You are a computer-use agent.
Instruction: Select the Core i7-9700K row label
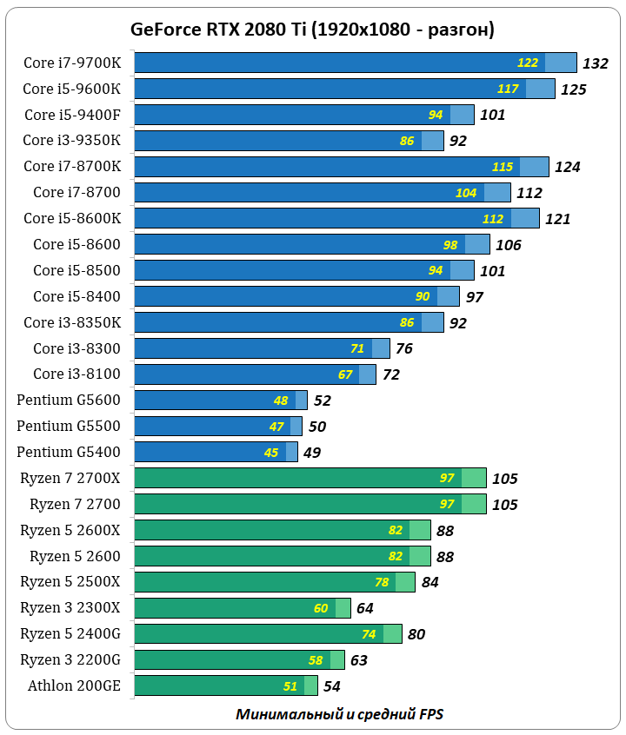click(x=72, y=63)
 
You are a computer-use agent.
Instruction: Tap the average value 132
click(x=596, y=63)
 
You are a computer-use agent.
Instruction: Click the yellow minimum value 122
click(x=528, y=63)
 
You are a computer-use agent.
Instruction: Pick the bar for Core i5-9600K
click(x=344, y=89)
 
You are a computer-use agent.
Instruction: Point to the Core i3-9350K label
click(x=72, y=141)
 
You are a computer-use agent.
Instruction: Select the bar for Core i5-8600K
click(x=336, y=218)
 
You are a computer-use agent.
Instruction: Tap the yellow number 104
click(x=466, y=193)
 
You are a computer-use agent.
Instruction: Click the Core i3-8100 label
click(x=77, y=374)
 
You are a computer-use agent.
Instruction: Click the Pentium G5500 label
click(x=69, y=426)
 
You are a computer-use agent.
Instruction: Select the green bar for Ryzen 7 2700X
click(x=310, y=478)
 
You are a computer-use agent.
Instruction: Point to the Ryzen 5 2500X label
click(x=70, y=581)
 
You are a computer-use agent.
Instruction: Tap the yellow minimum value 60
click(x=322, y=608)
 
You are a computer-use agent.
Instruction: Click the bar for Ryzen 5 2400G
click(x=268, y=633)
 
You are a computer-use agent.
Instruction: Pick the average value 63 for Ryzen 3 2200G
click(x=359, y=660)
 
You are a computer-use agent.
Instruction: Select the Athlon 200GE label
click(x=75, y=685)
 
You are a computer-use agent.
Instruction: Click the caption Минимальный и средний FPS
click(x=339, y=714)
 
